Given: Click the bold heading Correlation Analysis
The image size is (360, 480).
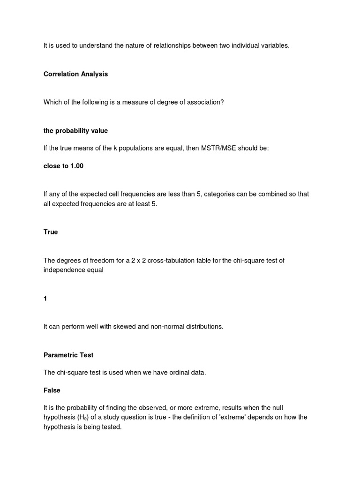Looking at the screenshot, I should (x=75, y=74).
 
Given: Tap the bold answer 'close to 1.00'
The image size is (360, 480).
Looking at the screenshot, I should (x=63, y=166).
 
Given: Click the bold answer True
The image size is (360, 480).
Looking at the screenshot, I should (x=51, y=232).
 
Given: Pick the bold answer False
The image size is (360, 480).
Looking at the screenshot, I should (x=52, y=390).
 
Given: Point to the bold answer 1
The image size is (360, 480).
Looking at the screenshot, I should (x=45, y=298).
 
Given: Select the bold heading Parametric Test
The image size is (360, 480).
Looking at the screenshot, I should (x=68, y=355).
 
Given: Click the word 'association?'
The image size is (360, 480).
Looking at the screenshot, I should (x=205, y=102).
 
